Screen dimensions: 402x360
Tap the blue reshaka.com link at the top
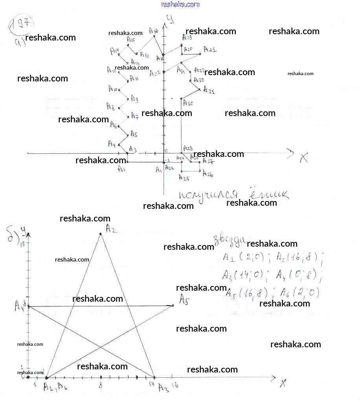pyautogui.click(x=180, y=4)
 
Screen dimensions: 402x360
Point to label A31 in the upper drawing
pyautogui.click(x=209, y=91)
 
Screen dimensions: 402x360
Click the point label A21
pyautogui.click(x=210, y=50)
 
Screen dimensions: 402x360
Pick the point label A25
pyautogui.click(x=184, y=178)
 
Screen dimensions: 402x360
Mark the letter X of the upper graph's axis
pyautogui.click(x=304, y=159)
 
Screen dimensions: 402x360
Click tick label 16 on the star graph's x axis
pyautogui.click(x=174, y=385)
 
